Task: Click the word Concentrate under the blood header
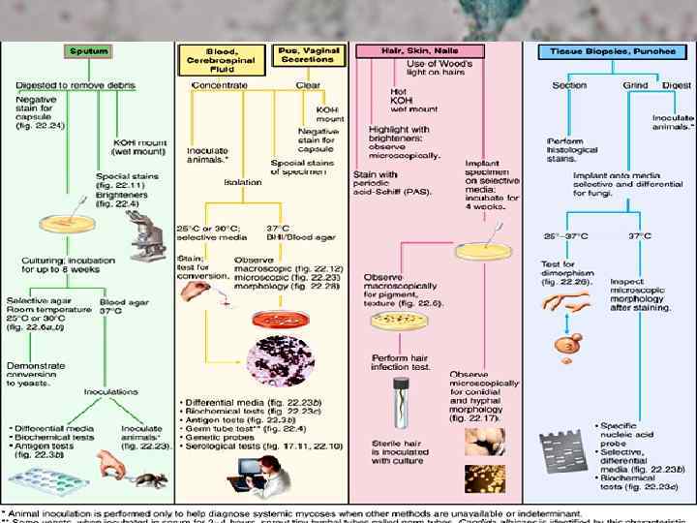pyautogui.click(x=220, y=85)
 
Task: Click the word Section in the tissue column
pyautogui.click(x=569, y=85)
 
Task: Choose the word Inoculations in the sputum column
pyautogui.click(x=110, y=393)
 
